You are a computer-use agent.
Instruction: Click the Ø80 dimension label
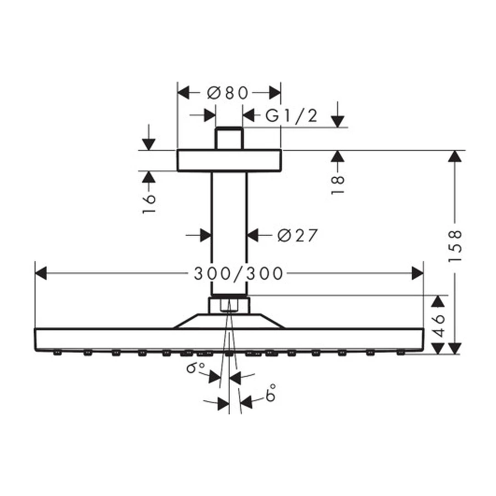(x=228, y=93)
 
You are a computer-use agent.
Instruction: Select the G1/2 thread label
(x=292, y=116)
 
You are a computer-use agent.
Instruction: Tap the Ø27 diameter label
(x=298, y=236)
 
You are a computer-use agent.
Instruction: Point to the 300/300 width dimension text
(x=239, y=273)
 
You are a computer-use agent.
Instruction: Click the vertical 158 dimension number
(x=455, y=246)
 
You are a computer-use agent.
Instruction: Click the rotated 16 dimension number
(x=149, y=203)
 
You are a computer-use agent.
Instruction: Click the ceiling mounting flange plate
(x=229, y=160)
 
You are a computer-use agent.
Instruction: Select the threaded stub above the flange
(x=229, y=138)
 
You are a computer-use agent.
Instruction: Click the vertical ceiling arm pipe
(x=229, y=231)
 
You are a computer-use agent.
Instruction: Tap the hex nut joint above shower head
(x=229, y=305)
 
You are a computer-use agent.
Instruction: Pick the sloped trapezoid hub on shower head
(x=229, y=321)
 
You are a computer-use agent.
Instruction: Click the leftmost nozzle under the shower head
(x=57, y=353)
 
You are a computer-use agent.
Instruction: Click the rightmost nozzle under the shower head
(x=401, y=352)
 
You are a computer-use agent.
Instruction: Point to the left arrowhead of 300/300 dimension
(x=41, y=273)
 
